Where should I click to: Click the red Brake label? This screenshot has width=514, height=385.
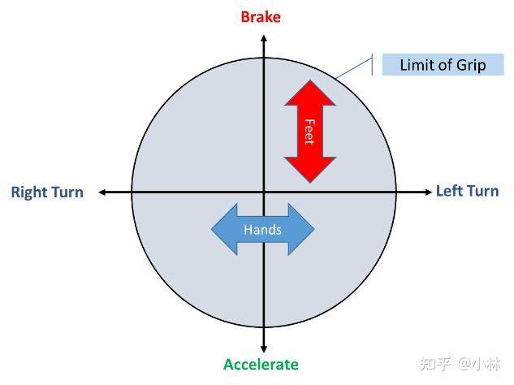(261, 17)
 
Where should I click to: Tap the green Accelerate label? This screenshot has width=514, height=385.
(261, 365)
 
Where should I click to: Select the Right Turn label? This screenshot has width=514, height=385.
(47, 192)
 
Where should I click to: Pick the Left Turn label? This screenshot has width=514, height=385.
(468, 191)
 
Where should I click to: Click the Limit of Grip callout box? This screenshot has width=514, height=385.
(443, 65)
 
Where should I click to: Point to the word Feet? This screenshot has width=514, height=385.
(309, 132)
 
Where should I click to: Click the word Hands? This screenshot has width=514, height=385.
(262, 230)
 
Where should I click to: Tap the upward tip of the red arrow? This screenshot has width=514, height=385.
(310, 80)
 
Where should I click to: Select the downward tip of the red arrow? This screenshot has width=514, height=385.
(310, 182)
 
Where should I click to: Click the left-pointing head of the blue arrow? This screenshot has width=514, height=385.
(212, 229)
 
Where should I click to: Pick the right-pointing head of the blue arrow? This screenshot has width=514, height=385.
(314, 229)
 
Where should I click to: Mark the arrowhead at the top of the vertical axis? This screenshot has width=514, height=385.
(264, 37)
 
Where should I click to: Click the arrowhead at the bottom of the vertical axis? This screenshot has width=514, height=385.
(264, 349)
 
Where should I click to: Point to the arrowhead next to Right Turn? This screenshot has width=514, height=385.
(102, 192)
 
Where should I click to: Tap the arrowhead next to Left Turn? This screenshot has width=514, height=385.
(429, 192)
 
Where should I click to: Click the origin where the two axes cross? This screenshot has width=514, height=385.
(264, 192)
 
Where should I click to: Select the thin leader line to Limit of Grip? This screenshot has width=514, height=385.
(354, 68)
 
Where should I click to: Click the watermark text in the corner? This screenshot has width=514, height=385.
(460, 364)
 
